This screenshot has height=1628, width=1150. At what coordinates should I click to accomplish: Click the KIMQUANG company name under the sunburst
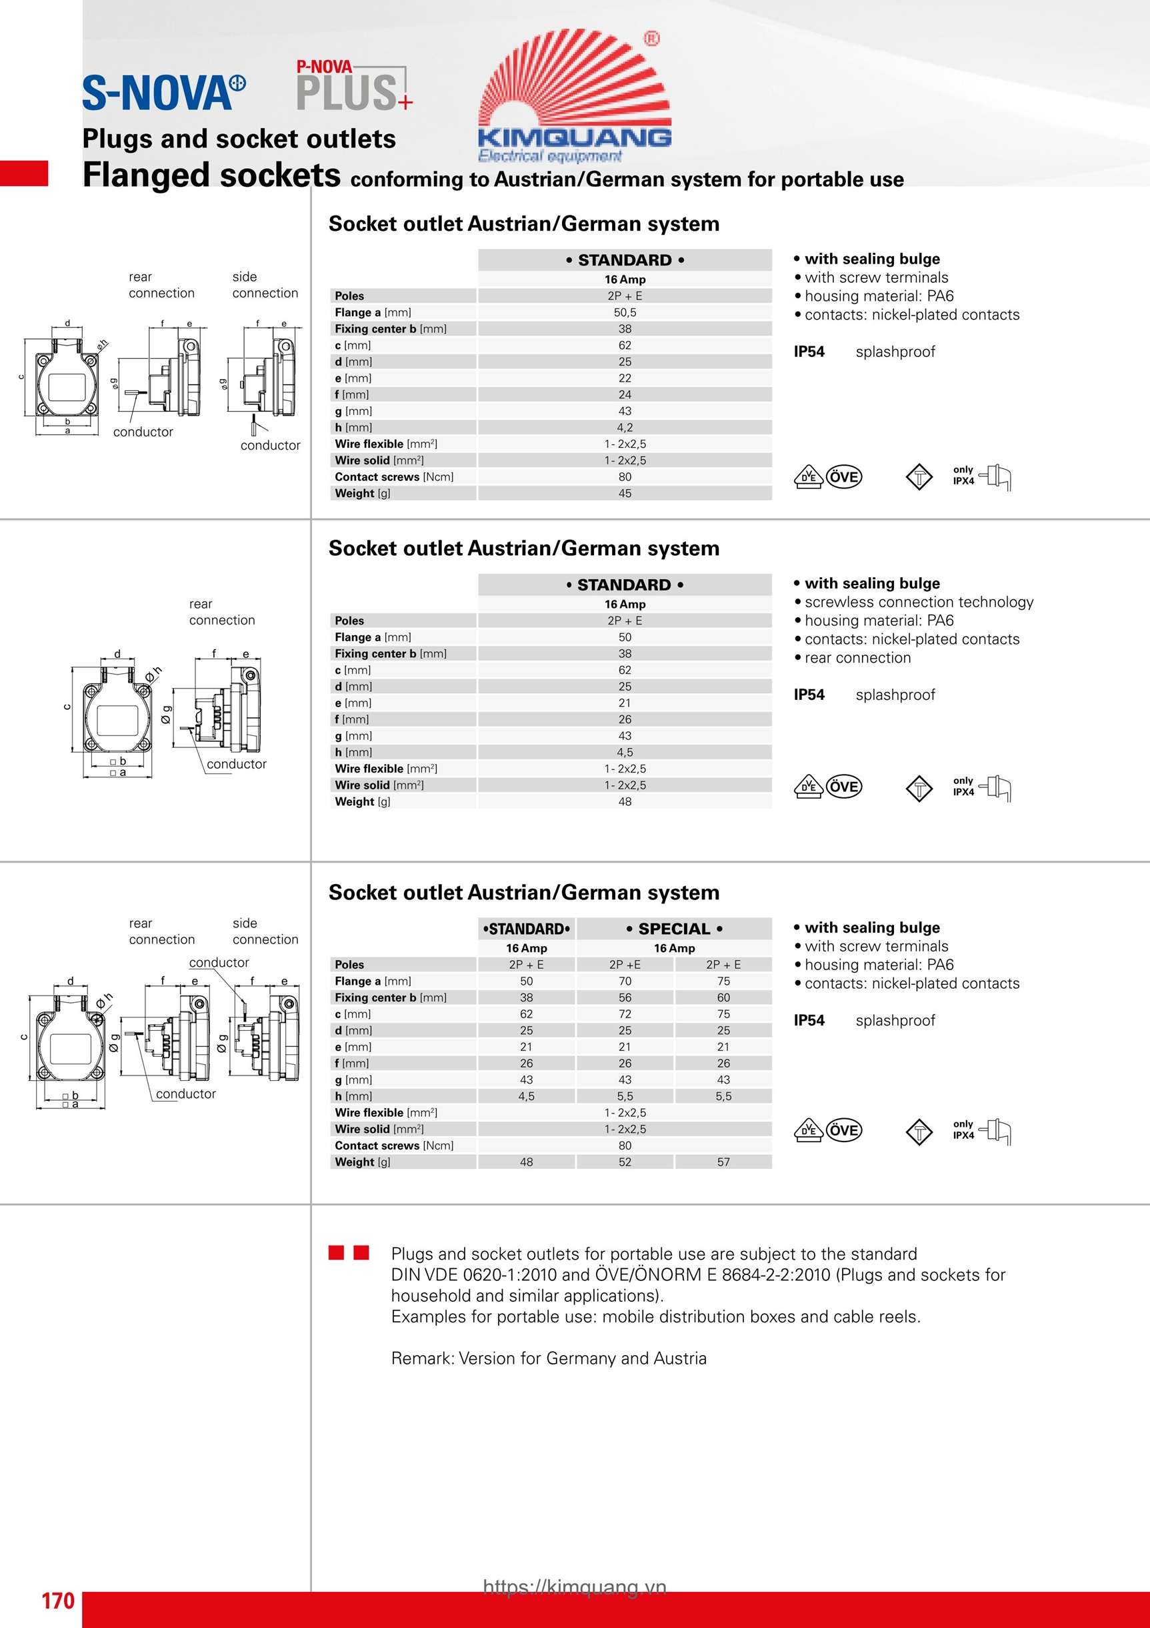(x=575, y=136)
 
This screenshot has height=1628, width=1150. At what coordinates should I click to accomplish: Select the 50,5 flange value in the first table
(x=624, y=313)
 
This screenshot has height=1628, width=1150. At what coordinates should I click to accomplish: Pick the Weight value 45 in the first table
(x=624, y=494)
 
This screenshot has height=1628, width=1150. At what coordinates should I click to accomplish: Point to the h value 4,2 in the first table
(x=624, y=428)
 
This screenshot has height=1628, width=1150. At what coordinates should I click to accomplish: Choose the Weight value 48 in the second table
(x=624, y=802)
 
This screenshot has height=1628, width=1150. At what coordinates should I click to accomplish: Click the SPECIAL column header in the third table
(x=674, y=929)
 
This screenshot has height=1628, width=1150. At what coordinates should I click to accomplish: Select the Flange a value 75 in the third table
(x=723, y=981)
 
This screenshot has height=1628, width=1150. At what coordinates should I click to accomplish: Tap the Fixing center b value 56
(x=624, y=997)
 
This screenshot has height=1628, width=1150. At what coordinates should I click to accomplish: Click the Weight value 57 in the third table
(x=723, y=1162)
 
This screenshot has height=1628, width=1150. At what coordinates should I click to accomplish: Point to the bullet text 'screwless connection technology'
(x=918, y=602)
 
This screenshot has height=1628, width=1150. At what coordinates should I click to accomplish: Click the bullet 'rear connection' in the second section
(x=857, y=658)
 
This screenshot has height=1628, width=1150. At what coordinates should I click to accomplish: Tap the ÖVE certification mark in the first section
(x=844, y=477)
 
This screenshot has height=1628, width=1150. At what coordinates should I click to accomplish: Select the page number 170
(x=57, y=1601)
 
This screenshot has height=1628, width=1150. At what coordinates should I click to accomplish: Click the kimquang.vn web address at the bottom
(x=575, y=1587)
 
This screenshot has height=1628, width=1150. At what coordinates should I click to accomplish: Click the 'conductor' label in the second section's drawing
(x=236, y=765)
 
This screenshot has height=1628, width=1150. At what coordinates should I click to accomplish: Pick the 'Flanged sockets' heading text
(x=211, y=175)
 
